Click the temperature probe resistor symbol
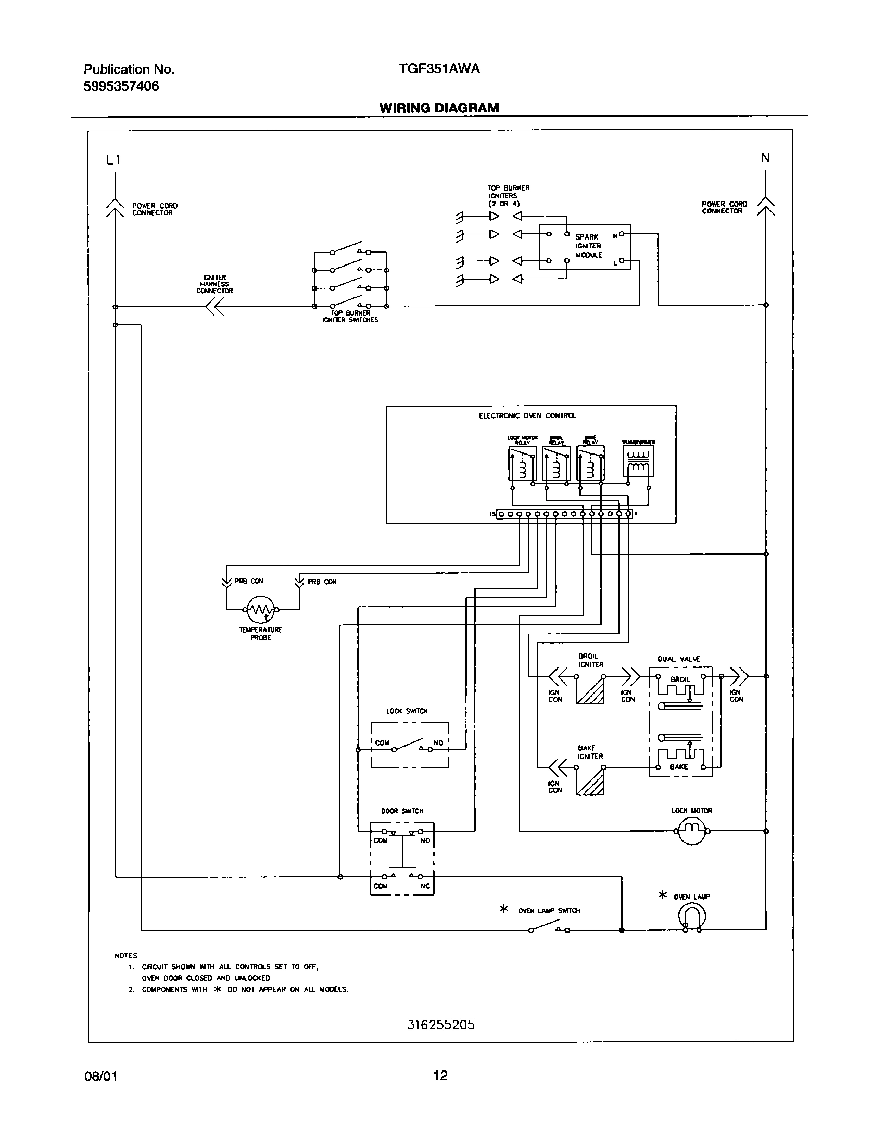coord(260,610)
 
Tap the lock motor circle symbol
coord(692,831)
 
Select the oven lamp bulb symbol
coord(692,916)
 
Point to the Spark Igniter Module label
coord(589,246)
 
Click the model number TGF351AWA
coord(438,69)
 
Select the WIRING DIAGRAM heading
coord(439,108)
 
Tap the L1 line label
coord(113,160)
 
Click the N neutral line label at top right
coord(765,158)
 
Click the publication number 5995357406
coord(121,86)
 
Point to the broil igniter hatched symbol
coord(590,690)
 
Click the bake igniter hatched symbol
coord(590,782)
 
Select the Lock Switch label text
coord(407,711)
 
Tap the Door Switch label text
coord(402,811)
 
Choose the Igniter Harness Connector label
coord(214,284)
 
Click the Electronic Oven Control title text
coord(527,415)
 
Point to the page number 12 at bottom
coord(440,1075)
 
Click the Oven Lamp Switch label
coord(549,911)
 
